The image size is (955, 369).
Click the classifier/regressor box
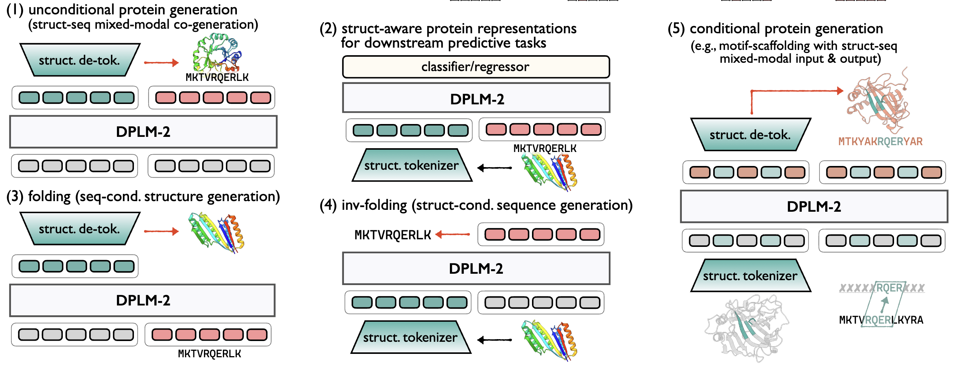[476, 67]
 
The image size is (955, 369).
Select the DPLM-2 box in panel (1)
[143, 132]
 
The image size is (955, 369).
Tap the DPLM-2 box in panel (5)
[813, 206]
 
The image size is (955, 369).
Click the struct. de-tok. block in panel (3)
[79, 229]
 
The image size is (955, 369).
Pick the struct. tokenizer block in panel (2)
[412, 165]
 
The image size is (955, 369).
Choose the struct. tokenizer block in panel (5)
[750, 276]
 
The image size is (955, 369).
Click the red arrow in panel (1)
[161, 63]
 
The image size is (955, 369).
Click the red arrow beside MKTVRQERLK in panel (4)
[453, 235]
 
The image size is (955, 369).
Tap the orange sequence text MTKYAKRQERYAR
[880, 142]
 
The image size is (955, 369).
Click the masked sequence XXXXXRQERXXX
[882, 288]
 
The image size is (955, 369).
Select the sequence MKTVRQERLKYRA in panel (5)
[881, 320]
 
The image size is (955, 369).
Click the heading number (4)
[328, 205]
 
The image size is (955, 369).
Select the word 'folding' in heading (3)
[49, 197]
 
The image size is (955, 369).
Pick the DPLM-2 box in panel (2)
[476, 99]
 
